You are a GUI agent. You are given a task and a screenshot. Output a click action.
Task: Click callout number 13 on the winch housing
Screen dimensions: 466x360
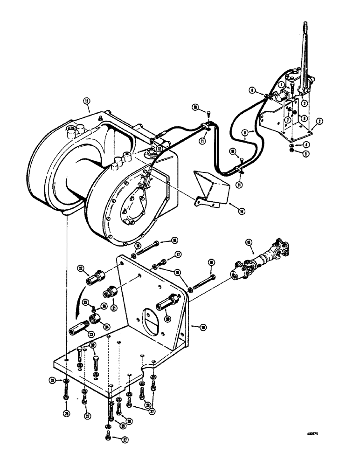[x=86, y=100]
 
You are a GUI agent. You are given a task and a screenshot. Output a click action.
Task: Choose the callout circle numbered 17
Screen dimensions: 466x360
[x=178, y=254]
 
